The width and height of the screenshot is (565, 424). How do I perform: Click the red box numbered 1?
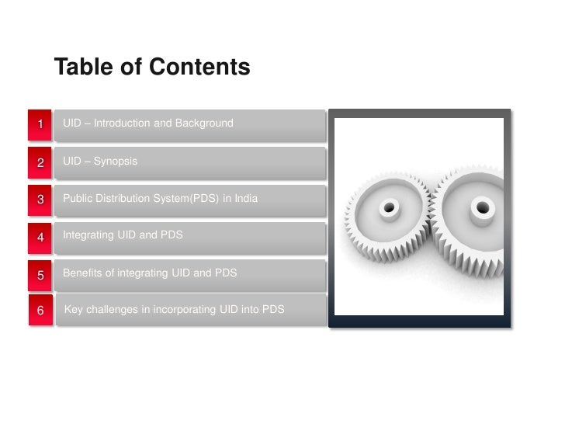pyautogui.click(x=40, y=124)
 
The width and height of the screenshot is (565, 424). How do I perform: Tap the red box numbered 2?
pyautogui.click(x=40, y=162)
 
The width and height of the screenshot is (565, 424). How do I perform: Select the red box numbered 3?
pyautogui.click(x=40, y=200)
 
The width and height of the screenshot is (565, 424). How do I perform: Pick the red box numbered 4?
pyautogui.click(x=40, y=237)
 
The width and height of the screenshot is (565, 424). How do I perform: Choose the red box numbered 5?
pyautogui.click(x=40, y=274)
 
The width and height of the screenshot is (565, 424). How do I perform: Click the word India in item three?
pyautogui.click(x=246, y=198)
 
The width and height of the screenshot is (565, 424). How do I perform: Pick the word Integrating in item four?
pyautogui.click(x=88, y=234)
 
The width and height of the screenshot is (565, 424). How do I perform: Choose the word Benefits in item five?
pyautogui.click(x=82, y=273)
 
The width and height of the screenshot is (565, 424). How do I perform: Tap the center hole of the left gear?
pyautogui.click(x=389, y=207)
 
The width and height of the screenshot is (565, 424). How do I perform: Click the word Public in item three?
pyautogui.click(x=77, y=198)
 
